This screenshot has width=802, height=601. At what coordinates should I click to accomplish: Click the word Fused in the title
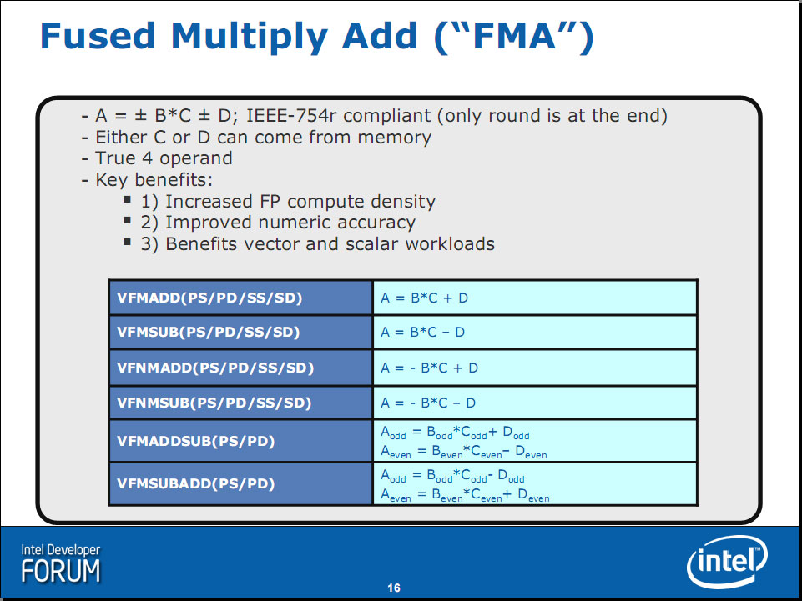(x=97, y=36)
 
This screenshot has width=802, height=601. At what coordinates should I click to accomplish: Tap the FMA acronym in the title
(x=513, y=36)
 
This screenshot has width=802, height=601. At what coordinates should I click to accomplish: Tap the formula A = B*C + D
(x=425, y=298)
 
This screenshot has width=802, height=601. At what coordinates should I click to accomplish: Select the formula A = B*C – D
(x=423, y=333)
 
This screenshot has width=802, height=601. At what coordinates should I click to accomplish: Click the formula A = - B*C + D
(x=430, y=368)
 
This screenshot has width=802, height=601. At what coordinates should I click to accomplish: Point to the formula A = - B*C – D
(x=428, y=403)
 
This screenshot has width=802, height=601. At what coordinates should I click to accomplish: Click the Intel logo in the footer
(x=728, y=562)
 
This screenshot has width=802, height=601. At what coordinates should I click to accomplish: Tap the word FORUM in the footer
(x=61, y=571)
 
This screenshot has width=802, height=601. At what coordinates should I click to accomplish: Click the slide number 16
(x=394, y=588)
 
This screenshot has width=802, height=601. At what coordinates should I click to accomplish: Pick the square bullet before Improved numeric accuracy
(x=128, y=220)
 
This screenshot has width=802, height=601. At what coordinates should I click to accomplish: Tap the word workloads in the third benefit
(x=450, y=243)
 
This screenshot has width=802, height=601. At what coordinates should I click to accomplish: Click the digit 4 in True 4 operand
(x=148, y=158)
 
